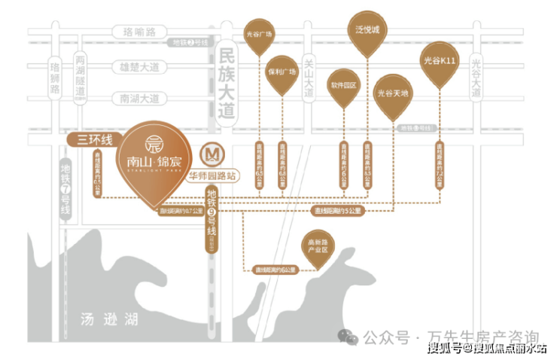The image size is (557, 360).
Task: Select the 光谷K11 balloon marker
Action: pos(440,59)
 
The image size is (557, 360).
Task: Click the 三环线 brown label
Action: pos(90,139)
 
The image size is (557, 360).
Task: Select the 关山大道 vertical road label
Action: pos(307,80)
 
